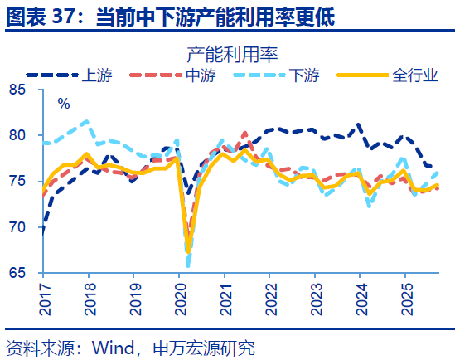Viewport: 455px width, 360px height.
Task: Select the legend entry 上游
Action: point(92,76)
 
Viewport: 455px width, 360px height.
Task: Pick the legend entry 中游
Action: point(197,76)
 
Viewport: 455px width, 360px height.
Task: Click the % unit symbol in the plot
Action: point(64,104)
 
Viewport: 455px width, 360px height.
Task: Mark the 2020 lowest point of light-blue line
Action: point(188,265)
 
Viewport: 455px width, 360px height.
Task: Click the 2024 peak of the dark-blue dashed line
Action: point(358,125)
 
